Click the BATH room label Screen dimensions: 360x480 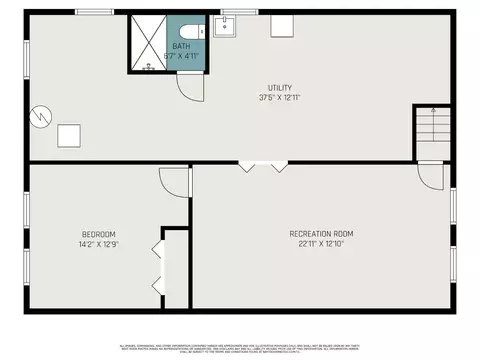click(x=181, y=46)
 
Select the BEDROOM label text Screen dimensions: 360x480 click(x=98, y=234)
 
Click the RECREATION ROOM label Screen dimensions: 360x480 click(x=321, y=234)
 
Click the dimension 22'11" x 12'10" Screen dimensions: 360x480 click(x=321, y=244)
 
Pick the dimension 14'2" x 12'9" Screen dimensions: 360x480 click(x=98, y=244)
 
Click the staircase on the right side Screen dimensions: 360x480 click(x=432, y=127)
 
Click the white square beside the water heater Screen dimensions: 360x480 click(x=69, y=134)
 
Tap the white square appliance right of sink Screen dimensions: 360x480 click(x=281, y=25)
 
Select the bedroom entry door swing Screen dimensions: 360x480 click(x=175, y=183)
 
